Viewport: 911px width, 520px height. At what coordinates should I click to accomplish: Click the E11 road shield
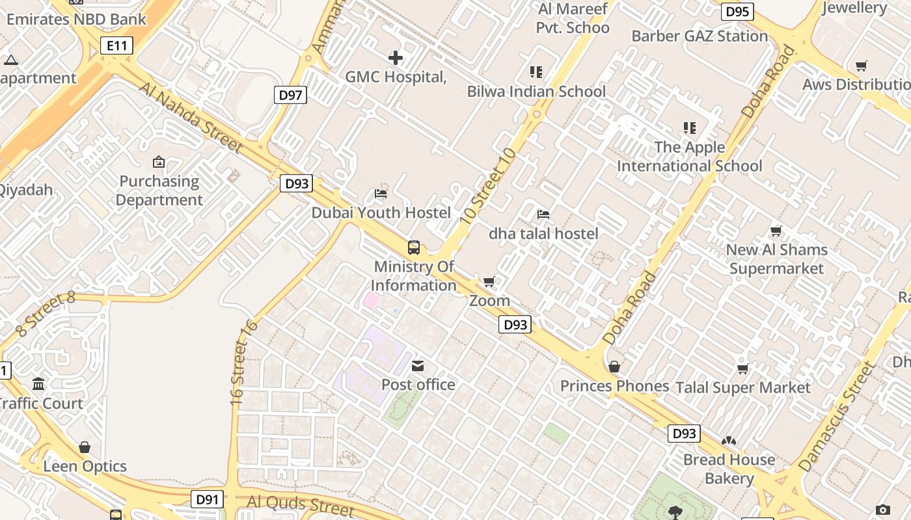point(117,45)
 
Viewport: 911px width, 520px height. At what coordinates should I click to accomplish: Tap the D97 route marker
point(290,96)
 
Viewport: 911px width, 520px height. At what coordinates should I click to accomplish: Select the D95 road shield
point(737,12)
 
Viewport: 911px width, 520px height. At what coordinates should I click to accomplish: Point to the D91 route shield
point(207,500)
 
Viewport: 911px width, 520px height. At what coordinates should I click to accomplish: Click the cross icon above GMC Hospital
point(395,58)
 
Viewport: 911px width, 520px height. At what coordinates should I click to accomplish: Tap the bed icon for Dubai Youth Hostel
point(381,194)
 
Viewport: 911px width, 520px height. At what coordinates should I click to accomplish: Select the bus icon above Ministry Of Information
point(414,248)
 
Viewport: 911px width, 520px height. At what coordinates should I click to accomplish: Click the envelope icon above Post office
point(418,367)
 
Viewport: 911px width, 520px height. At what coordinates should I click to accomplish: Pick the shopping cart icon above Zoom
point(489,282)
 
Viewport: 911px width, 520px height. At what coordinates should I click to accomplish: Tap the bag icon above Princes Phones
point(614,367)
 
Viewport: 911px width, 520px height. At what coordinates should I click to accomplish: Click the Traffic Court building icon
point(38,384)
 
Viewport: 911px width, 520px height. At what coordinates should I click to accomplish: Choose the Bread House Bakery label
point(729,469)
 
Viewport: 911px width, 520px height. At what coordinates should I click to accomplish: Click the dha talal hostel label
point(543,233)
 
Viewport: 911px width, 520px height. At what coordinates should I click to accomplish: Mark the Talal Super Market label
point(743,388)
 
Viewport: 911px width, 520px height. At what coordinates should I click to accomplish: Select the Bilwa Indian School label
point(536,92)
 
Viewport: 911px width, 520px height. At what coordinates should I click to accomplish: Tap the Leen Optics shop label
point(85,467)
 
